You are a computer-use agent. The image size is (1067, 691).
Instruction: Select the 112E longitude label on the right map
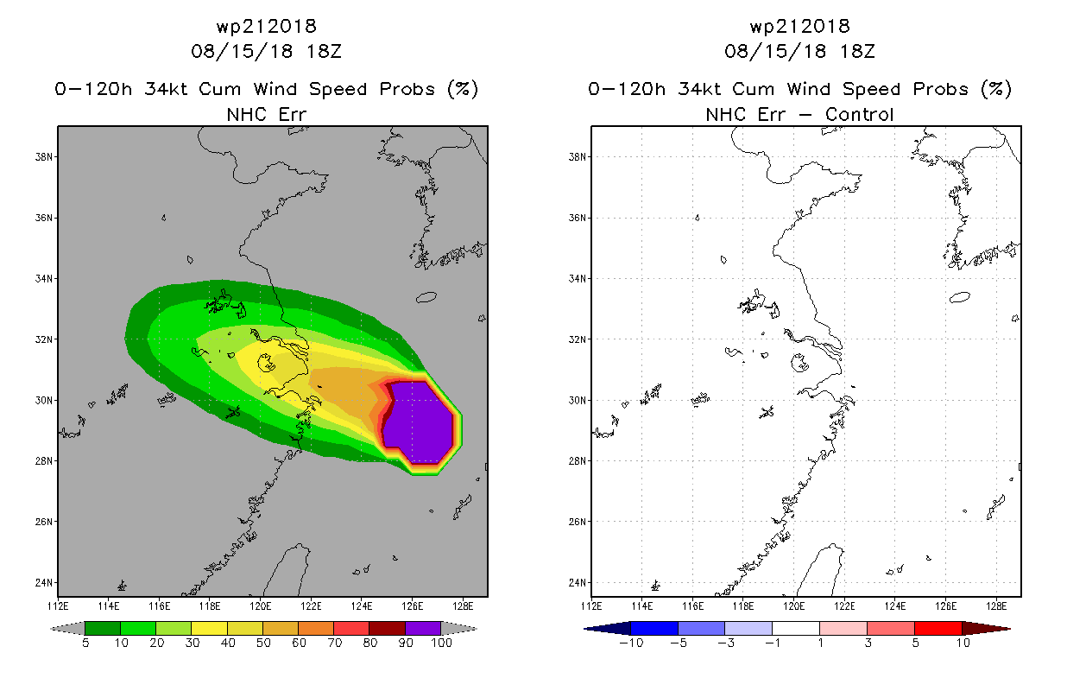click(x=591, y=605)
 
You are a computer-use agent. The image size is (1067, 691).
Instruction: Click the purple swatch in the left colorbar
click(x=423, y=628)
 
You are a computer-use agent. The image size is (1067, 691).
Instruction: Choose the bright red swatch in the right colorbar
click(x=937, y=628)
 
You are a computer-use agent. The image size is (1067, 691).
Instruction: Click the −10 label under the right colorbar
click(x=628, y=643)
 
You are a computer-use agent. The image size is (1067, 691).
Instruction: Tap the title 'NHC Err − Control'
click(x=799, y=114)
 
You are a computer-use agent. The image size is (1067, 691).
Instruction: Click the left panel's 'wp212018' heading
click(x=266, y=26)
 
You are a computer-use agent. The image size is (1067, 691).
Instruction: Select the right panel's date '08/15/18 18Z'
click(x=799, y=51)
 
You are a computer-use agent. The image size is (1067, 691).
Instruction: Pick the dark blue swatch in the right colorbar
click(x=654, y=628)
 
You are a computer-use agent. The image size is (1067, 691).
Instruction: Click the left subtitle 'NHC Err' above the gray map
click(x=266, y=114)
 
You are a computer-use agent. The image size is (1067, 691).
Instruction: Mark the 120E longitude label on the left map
click(x=260, y=605)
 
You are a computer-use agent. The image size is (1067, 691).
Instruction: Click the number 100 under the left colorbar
click(x=441, y=643)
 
